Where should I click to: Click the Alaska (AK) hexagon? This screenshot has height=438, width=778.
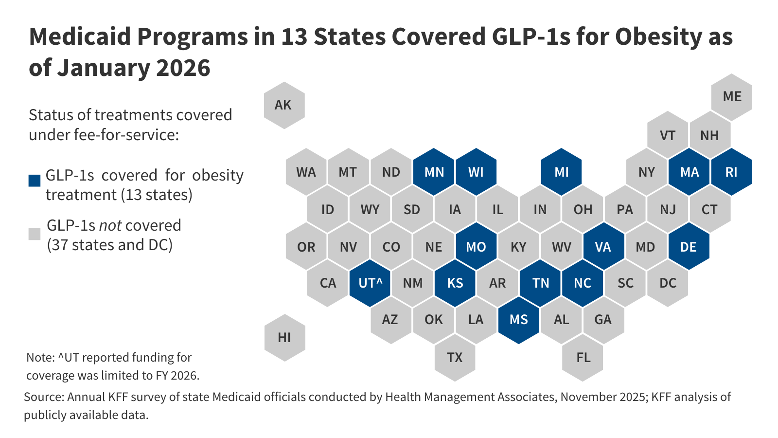point(284,105)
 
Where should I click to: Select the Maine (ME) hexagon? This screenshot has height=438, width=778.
point(731,97)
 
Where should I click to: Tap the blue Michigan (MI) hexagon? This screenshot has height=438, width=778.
point(561,172)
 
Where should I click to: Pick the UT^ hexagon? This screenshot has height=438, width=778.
point(370,283)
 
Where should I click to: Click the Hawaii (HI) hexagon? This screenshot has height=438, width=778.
point(284,337)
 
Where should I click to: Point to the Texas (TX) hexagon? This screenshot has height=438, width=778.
point(455,358)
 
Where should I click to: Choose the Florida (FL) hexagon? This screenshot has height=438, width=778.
point(583,358)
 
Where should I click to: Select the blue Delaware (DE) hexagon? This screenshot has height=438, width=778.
point(689,247)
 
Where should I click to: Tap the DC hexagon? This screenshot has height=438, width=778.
point(668,283)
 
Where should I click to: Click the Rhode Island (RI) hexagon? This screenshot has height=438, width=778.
point(731,172)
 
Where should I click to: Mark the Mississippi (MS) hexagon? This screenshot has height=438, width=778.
point(518,320)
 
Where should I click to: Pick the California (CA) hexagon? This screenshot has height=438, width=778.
point(328,283)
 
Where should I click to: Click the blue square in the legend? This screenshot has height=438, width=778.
point(35,181)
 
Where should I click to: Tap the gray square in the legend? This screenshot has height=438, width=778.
point(35,234)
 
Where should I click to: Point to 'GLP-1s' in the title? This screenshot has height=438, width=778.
point(531,37)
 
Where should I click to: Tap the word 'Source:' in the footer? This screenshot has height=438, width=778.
point(44,397)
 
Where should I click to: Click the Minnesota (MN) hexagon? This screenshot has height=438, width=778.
point(434,172)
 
